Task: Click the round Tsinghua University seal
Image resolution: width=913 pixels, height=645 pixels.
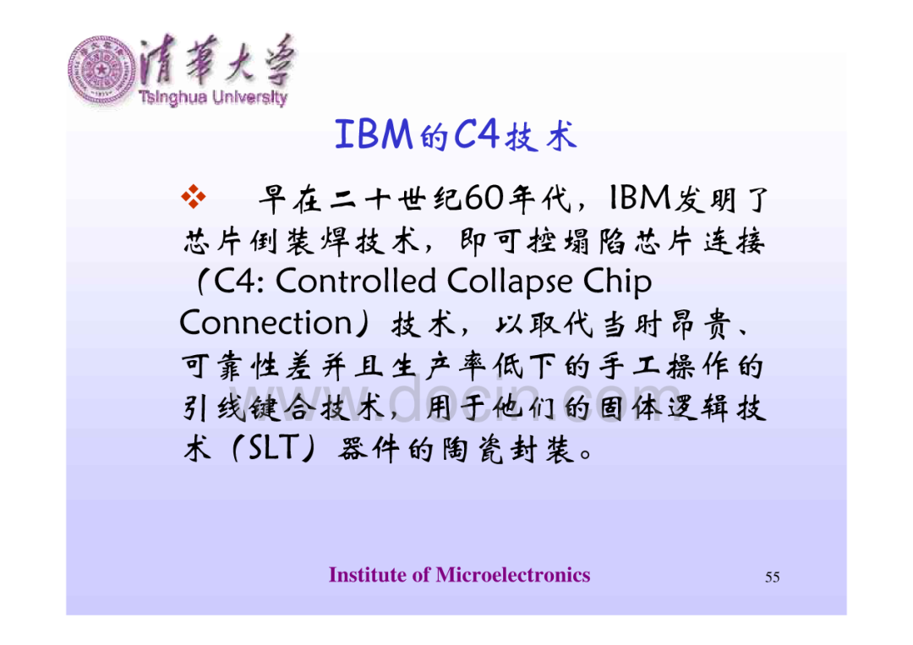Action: click(x=102, y=70)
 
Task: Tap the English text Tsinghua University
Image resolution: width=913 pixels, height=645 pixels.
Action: click(x=213, y=97)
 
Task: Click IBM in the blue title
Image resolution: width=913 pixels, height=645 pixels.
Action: click(x=374, y=134)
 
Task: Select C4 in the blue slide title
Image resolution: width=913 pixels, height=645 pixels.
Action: click(x=476, y=134)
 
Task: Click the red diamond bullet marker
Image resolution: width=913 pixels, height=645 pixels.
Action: click(x=194, y=196)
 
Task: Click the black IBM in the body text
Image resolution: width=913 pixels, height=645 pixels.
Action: click(x=639, y=198)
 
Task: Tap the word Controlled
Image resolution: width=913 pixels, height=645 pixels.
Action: click(x=356, y=282)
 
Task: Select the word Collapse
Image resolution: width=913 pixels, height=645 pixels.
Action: click(x=510, y=282)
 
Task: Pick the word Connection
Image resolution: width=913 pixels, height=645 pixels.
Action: click(x=265, y=323)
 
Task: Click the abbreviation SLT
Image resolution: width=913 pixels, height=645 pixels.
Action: click(x=274, y=448)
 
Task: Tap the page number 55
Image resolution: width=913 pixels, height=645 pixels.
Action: click(x=772, y=577)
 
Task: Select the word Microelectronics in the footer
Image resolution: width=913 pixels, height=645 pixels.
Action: click(x=513, y=575)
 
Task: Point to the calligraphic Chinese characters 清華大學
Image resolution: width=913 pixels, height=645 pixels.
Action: click(x=218, y=60)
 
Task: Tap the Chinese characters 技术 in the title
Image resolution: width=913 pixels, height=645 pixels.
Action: click(x=541, y=136)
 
